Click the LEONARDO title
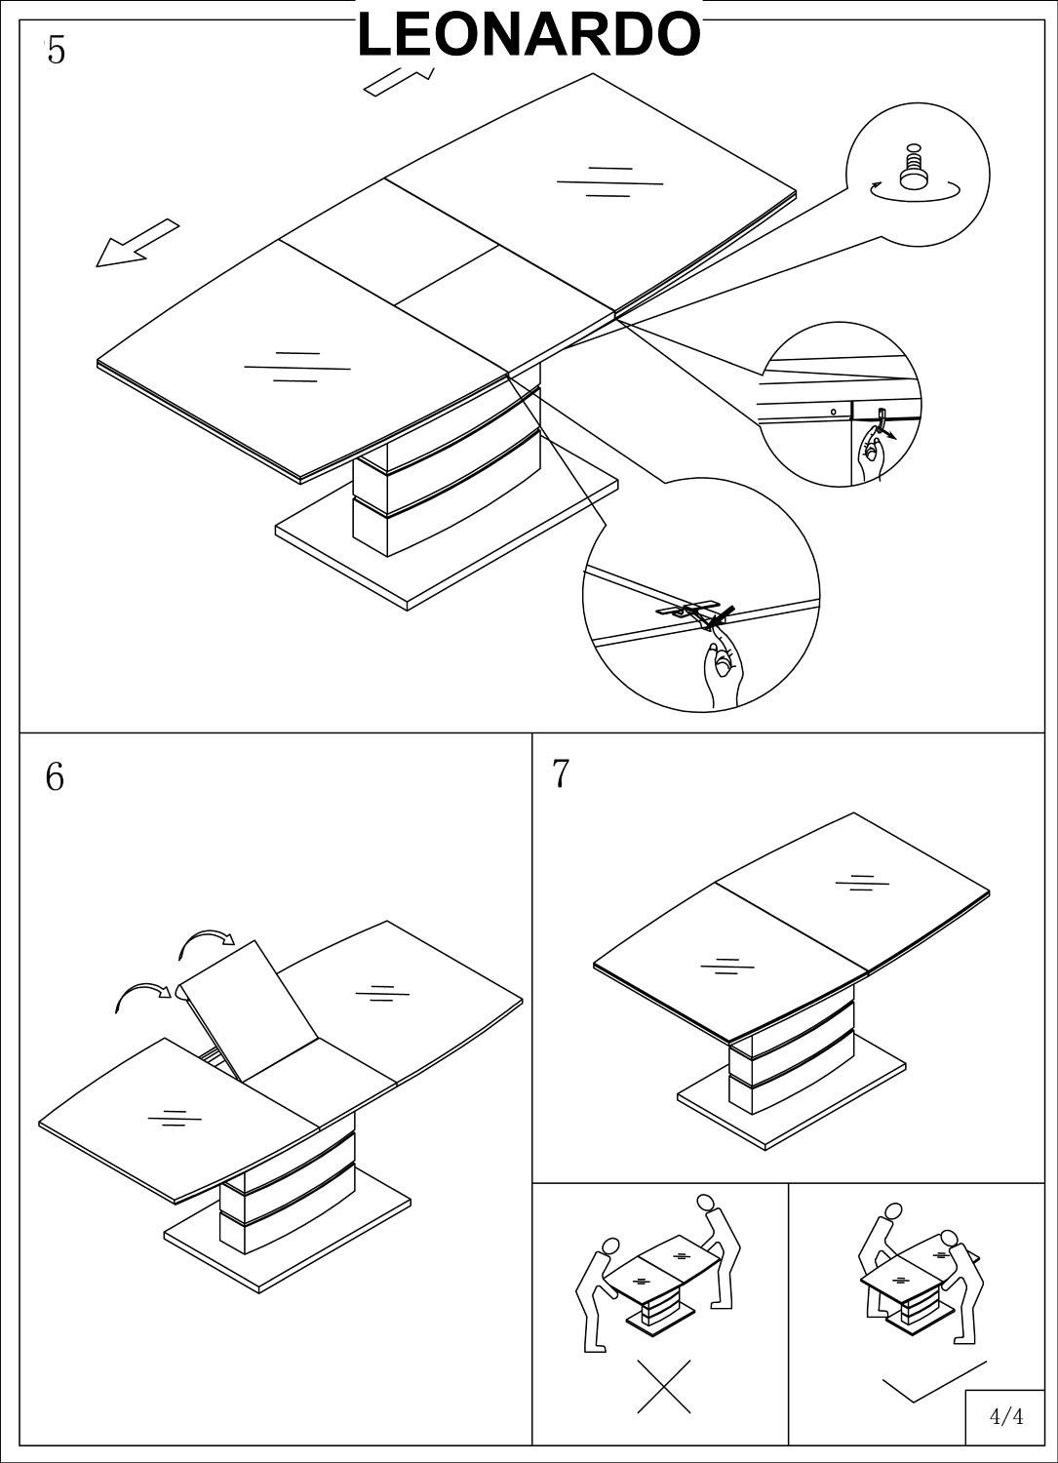529,35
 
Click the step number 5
56,51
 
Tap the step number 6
55,777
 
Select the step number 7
560,773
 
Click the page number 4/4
1005,1416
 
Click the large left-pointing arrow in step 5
137,243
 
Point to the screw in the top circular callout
914,168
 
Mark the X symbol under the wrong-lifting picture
664,1386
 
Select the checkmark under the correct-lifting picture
931,1382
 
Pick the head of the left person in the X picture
610,1247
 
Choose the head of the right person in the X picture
705,1204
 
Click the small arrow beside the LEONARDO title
397,82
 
